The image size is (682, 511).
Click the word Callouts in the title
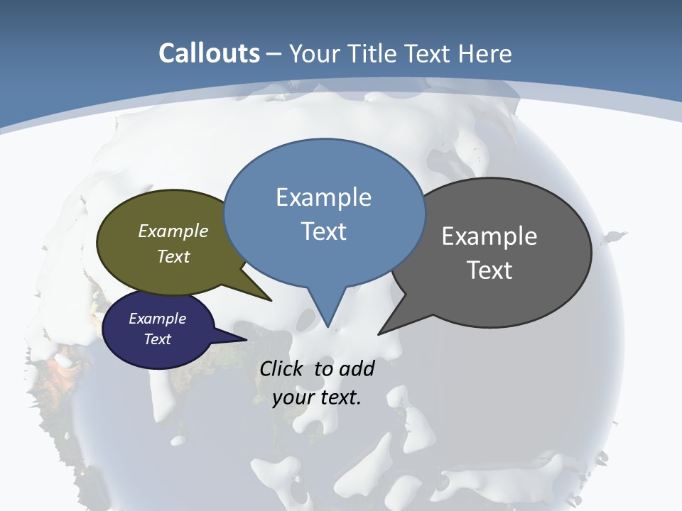[x=209, y=53]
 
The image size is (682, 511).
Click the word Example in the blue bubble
[x=323, y=197]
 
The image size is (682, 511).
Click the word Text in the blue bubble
[x=323, y=231]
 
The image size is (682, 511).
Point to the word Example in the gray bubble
[x=489, y=236]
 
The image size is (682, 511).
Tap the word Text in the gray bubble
[x=489, y=270]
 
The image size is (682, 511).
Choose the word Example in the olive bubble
[x=173, y=231]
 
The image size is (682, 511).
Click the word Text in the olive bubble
[x=173, y=256]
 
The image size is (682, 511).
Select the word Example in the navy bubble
[x=157, y=319]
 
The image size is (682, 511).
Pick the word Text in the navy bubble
[x=157, y=339]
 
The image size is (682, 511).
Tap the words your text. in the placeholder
[x=317, y=397]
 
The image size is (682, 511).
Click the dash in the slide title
[x=274, y=54]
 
